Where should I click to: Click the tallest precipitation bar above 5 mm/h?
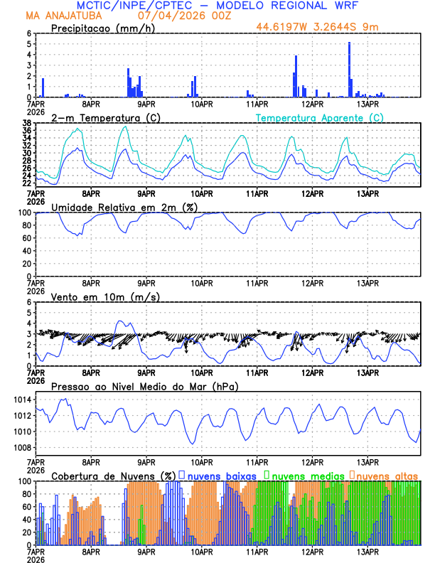[349, 69]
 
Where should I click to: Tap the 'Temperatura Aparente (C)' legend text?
[320, 117]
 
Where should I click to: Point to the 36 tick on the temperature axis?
[26, 130]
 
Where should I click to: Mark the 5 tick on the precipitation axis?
[29, 44]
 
